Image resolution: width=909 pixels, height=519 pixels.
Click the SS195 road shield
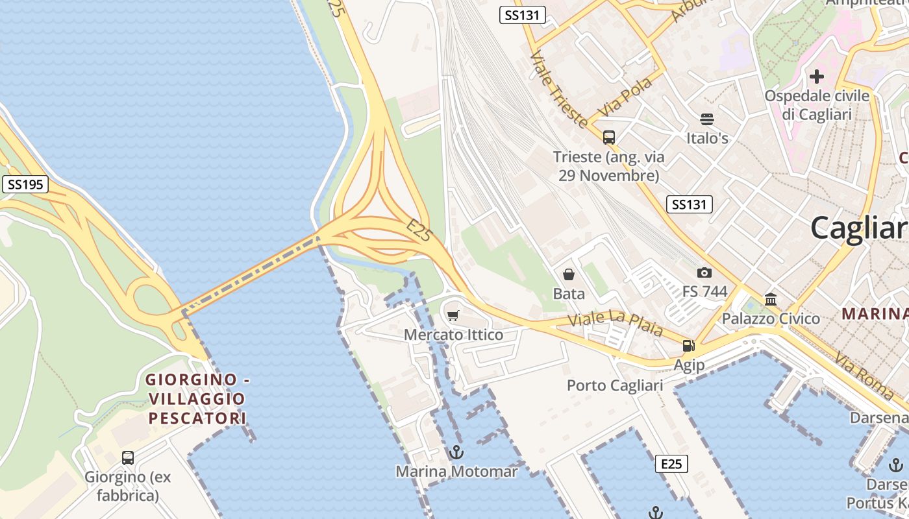[25, 184]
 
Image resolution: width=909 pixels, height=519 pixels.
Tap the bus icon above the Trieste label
[608, 138]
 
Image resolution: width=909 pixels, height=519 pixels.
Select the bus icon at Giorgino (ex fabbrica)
[128, 458]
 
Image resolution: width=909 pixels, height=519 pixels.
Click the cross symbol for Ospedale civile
[816, 77]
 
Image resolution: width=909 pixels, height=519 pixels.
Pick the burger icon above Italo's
[706, 119]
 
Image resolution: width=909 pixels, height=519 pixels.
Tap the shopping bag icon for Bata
[569, 274]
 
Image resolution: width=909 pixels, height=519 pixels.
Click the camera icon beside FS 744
[704, 273]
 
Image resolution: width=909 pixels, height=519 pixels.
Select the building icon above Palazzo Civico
[771, 300]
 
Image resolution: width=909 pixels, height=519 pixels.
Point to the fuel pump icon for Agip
[688, 346]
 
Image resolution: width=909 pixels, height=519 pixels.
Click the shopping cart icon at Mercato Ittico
[453, 316]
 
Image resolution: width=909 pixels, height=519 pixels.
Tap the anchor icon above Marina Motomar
[456, 452]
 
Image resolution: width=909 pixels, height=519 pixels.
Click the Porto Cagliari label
[615, 385]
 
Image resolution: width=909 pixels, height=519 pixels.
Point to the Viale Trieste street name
[558, 89]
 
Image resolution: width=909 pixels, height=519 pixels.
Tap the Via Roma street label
[864, 375]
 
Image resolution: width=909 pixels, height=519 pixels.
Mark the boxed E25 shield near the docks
[671, 464]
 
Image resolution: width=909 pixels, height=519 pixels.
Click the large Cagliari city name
[858, 228]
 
